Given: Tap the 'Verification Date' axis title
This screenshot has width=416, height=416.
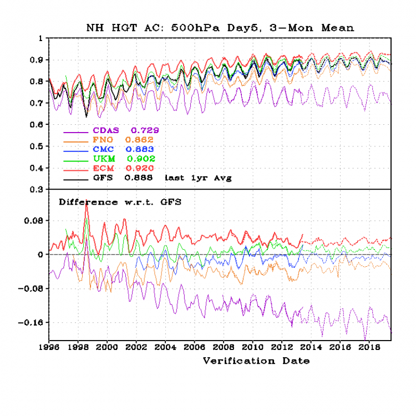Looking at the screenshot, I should click(256, 361).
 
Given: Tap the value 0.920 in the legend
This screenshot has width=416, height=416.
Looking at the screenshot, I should click(140, 168).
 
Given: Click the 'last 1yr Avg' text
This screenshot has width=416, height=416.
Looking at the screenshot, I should click(197, 178).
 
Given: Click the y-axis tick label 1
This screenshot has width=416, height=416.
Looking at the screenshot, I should click(39, 38).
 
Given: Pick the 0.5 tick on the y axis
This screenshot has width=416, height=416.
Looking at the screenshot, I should click(35, 146).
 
